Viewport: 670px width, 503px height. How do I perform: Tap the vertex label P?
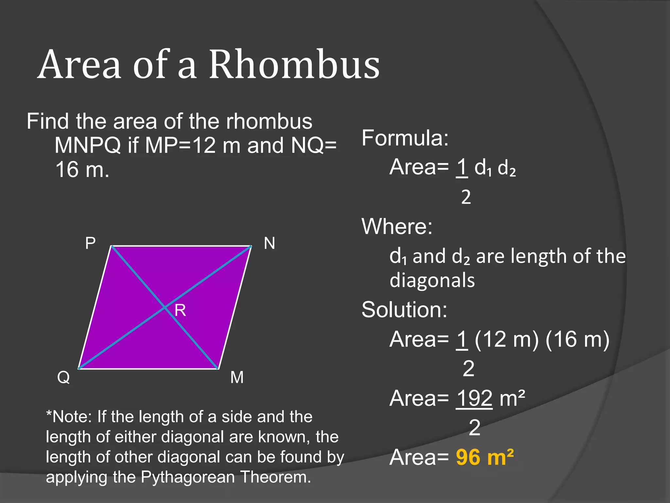90,243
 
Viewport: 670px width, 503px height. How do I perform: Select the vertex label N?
270,243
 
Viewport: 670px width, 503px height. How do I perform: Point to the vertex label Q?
63,378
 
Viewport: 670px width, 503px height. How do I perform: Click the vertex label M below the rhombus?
237,378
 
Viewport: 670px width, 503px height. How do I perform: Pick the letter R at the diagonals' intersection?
180,310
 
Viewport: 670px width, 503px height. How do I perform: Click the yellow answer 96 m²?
485,457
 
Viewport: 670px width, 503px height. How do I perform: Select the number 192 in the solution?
474,399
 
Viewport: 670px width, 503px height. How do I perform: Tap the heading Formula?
405,138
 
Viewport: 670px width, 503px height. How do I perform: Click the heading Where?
397,226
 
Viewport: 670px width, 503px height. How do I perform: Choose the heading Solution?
404,309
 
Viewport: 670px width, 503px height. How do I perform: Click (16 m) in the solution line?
577,339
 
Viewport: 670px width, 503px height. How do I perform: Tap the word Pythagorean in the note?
188,477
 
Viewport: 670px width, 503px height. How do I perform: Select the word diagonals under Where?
432,281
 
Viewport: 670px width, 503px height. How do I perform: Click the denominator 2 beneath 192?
474,427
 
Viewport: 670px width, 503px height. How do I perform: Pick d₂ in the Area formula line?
506,168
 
